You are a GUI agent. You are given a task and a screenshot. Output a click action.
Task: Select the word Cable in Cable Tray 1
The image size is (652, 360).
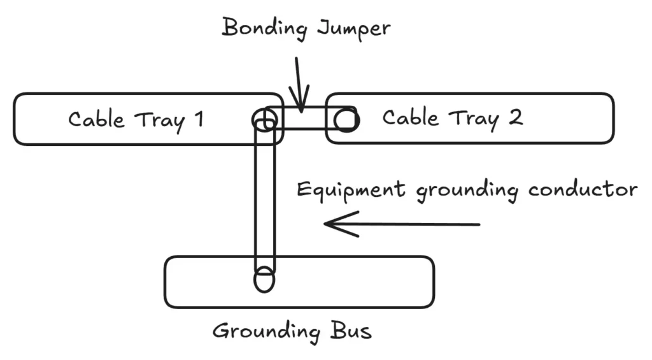96,119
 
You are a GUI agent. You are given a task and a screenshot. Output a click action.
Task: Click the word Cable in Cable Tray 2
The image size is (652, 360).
410,118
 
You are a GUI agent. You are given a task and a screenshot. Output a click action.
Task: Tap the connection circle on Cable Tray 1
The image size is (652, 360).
264,120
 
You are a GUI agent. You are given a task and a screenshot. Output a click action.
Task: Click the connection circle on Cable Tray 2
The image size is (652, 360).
345,119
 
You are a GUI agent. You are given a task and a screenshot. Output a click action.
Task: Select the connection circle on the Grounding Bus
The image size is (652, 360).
264,280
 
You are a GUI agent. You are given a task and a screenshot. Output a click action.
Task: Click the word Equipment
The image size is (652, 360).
351,191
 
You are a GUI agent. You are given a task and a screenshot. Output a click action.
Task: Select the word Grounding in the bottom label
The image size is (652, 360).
266,331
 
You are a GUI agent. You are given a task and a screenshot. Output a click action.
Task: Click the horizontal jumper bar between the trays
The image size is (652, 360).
304,119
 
